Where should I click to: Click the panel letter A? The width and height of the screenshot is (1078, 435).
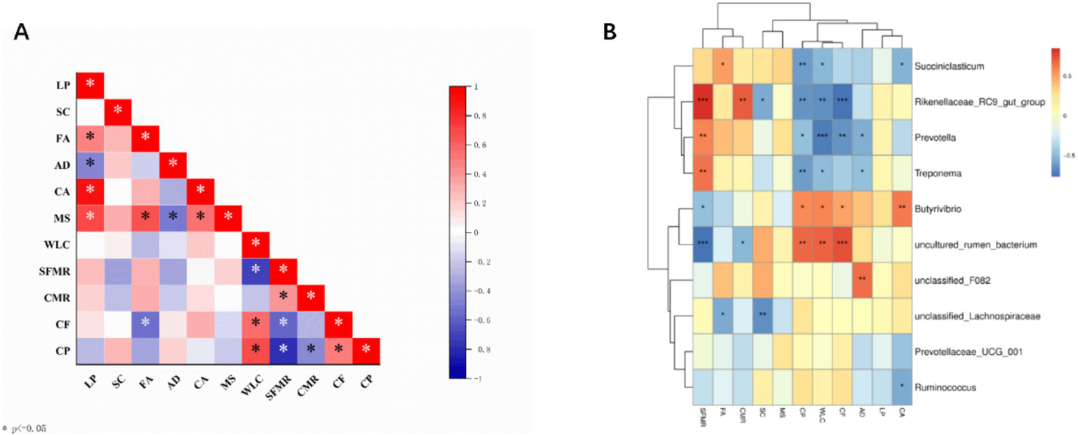pos(22,32)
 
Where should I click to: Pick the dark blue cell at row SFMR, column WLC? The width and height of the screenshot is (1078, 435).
pos(256,268)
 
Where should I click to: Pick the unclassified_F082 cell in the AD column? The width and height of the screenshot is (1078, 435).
pos(862,279)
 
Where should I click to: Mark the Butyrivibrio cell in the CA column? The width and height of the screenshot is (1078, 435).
pos(902,208)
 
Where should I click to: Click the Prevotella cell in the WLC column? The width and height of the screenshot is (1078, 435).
pos(822,137)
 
